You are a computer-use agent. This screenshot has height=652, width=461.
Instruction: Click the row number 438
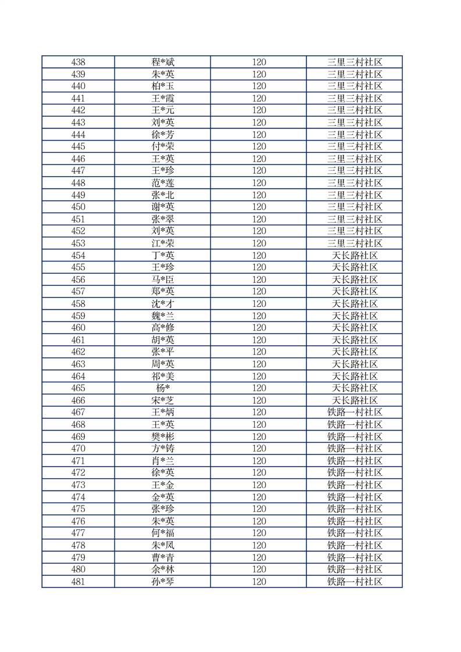78,62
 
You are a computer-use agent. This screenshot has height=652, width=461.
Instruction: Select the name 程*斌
163,62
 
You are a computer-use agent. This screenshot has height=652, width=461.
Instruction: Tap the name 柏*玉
163,86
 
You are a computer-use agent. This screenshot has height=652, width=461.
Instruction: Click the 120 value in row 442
259,110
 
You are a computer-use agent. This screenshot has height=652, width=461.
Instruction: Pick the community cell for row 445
355,146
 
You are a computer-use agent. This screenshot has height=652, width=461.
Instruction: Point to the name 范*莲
163,183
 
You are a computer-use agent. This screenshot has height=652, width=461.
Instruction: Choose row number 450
78,207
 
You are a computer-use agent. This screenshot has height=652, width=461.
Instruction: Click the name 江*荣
163,243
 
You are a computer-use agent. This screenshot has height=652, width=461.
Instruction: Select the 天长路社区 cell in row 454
355,256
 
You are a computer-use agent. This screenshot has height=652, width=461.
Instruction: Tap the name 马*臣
163,280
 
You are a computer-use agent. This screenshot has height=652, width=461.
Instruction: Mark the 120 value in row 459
259,316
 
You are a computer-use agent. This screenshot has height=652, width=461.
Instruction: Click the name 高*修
163,328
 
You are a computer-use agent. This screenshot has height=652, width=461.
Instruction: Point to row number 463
78,364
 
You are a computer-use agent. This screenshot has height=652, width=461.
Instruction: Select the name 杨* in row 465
163,388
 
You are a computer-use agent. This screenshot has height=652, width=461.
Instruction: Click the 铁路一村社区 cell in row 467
355,413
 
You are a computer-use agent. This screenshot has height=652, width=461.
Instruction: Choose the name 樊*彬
163,437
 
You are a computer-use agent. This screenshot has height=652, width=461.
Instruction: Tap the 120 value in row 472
259,473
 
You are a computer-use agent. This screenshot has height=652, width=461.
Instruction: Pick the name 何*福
163,533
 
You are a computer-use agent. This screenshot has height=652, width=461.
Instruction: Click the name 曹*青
163,558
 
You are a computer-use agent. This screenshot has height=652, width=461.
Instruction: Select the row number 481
78,582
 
